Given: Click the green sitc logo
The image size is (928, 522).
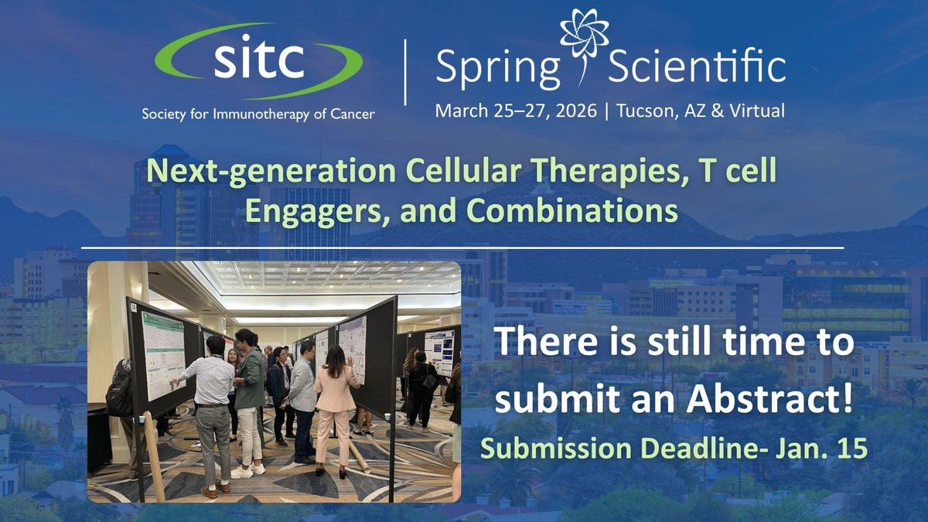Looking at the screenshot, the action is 258,61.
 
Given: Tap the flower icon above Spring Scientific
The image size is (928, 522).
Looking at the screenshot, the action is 584,46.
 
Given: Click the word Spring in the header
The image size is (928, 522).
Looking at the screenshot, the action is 497,68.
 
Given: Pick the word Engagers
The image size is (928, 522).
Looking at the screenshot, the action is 317,211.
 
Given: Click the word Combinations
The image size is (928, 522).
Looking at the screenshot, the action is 572,210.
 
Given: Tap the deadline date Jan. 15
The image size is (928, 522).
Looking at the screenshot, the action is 820,448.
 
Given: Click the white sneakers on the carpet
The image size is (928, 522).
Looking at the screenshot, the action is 247,471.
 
